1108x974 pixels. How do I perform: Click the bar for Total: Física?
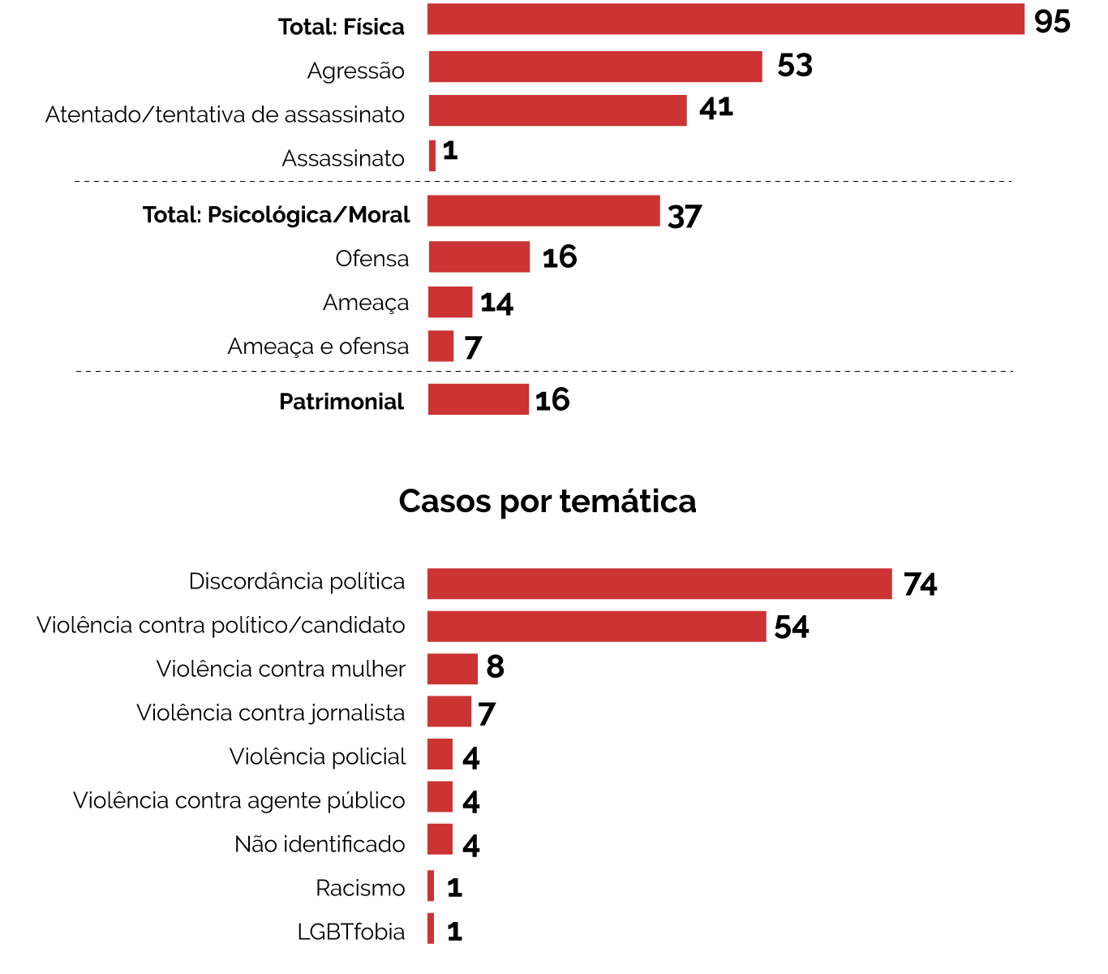click(x=726, y=19)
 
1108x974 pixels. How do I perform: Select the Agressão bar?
click(x=595, y=67)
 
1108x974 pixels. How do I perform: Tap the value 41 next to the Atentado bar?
click(x=716, y=107)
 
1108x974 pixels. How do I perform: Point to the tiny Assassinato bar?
click(x=432, y=156)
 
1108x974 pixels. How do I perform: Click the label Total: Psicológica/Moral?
click(x=276, y=215)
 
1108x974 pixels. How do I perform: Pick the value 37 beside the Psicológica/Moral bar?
click(x=685, y=217)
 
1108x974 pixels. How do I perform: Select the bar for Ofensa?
click(x=479, y=256)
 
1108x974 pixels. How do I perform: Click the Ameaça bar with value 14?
click(x=450, y=302)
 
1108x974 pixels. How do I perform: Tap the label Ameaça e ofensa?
click(x=318, y=347)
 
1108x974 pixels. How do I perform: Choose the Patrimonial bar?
click(x=479, y=399)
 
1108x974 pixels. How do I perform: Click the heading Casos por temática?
click(x=548, y=502)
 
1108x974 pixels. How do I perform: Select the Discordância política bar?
click(x=659, y=584)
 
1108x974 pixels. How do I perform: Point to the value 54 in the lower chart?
click(x=792, y=627)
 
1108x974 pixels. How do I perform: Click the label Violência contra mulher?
click(x=281, y=670)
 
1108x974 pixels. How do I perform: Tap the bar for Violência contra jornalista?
click(x=449, y=712)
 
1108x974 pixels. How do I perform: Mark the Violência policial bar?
click(x=440, y=754)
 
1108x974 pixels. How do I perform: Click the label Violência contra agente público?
click(x=239, y=801)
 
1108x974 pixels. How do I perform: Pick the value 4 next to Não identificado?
click(x=471, y=846)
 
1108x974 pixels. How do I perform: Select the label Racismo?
click(x=360, y=889)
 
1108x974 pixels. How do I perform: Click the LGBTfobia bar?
click(x=431, y=929)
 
